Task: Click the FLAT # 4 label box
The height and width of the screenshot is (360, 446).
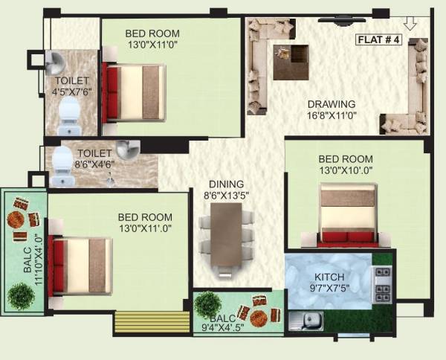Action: coord(378,40)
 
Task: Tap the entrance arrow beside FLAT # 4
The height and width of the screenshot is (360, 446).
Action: coord(410,25)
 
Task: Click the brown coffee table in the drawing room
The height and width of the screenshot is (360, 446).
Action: coord(290,61)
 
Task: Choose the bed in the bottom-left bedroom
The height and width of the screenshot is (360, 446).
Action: coord(80,265)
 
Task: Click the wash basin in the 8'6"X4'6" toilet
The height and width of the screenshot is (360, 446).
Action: coord(126,149)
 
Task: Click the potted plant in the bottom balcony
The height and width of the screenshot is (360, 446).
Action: coord(208,304)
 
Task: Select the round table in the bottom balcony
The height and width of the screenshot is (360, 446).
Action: coord(259,318)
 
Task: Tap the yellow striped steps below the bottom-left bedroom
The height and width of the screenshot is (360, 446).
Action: coord(152,322)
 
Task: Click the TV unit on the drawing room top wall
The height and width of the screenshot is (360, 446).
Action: coord(343,16)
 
